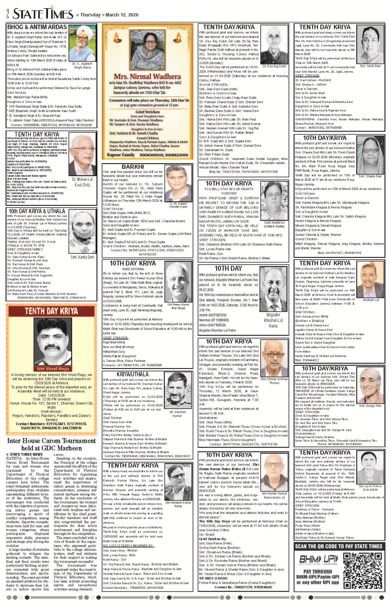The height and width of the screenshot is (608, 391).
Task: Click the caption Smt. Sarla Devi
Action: click(370, 66)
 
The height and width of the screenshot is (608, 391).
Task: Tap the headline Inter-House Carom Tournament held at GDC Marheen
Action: click(51, 444)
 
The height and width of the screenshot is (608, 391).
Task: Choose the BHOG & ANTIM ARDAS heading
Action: click(37, 27)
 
